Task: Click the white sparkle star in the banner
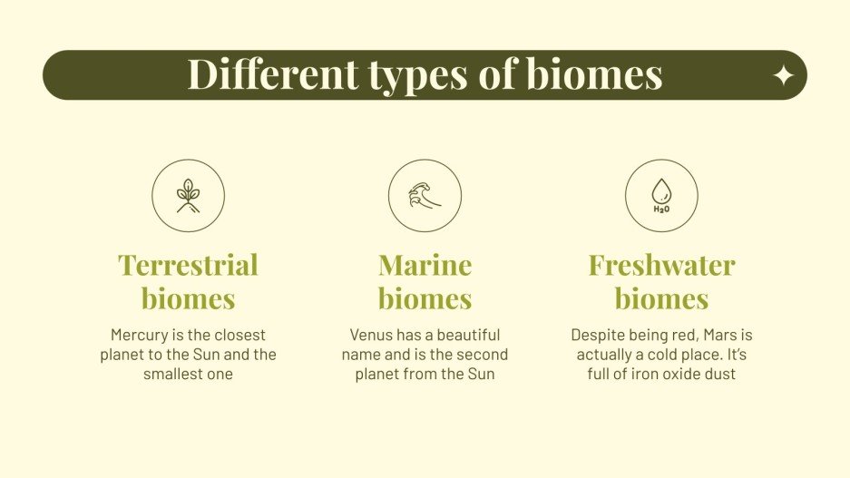tap(783, 76)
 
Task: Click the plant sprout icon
tap(188, 195)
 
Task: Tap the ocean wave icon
tap(425, 195)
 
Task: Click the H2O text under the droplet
tap(661, 209)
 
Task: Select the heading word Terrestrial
tap(188, 265)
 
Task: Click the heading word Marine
tap(425, 265)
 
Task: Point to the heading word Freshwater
tap(661, 265)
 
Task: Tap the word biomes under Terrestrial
tap(188, 298)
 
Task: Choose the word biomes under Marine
tap(425, 298)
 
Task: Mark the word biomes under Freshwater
tap(661, 298)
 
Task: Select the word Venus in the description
tap(371, 335)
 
